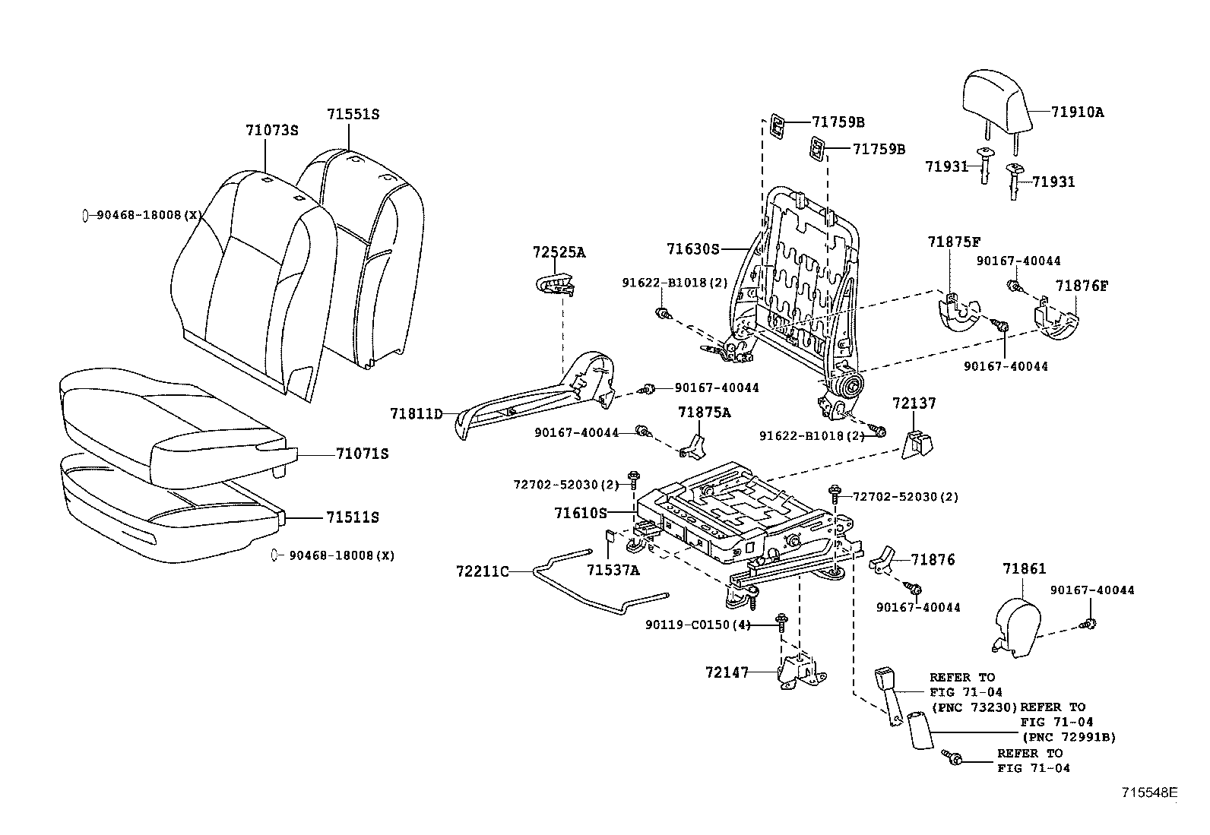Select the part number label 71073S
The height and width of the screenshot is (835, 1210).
(x=272, y=130)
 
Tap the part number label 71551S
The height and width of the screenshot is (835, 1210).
(x=353, y=115)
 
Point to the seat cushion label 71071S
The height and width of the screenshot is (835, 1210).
(x=362, y=454)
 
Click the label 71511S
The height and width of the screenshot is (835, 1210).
(x=353, y=517)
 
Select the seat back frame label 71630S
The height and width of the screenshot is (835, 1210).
(x=692, y=249)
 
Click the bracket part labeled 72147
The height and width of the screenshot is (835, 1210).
(x=800, y=673)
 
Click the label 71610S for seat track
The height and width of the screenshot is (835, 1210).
(x=581, y=514)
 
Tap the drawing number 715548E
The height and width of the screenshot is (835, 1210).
(x=1149, y=792)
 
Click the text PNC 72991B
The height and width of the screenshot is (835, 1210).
(x=1069, y=737)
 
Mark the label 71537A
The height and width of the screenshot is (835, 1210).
(x=613, y=570)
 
